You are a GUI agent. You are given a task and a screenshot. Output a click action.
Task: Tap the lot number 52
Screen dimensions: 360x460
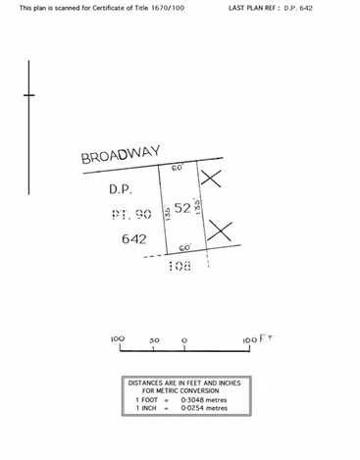(x=182, y=208)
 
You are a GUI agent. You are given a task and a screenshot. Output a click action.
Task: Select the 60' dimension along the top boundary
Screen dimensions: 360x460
(x=178, y=168)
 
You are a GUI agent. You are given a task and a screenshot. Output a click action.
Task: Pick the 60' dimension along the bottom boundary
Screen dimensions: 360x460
(x=184, y=248)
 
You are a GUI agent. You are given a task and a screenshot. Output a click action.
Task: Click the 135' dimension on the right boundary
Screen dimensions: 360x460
(x=198, y=206)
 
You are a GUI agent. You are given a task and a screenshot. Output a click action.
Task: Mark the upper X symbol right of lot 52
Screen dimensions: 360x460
(x=211, y=179)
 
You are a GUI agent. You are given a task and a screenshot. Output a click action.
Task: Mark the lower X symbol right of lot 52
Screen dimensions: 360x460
(x=220, y=232)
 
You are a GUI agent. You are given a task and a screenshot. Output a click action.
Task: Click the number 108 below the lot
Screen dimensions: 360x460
(x=180, y=265)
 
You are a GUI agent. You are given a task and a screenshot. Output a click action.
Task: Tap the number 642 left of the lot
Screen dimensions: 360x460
(x=133, y=238)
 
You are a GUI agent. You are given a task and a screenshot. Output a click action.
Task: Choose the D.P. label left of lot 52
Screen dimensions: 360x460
(x=120, y=187)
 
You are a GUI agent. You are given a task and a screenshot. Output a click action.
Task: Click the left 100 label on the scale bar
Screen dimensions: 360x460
(x=118, y=339)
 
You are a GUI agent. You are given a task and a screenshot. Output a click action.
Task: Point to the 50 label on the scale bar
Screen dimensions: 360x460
(x=154, y=339)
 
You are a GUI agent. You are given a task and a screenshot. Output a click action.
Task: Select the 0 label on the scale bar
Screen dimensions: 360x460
(x=184, y=339)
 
